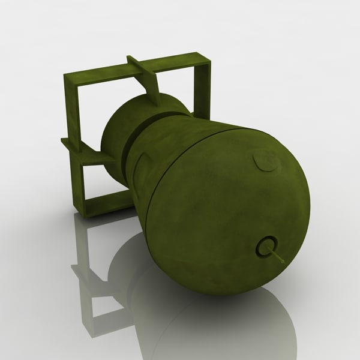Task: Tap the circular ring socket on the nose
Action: [266, 246]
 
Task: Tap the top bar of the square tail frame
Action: [138, 67]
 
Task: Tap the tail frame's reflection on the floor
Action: [90, 282]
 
